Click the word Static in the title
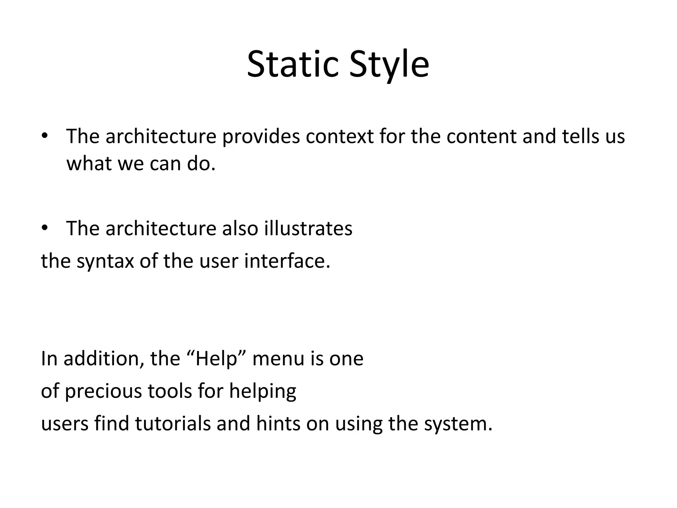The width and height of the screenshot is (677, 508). (x=293, y=64)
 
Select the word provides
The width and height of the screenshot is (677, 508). (x=261, y=136)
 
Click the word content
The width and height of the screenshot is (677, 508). (x=481, y=136)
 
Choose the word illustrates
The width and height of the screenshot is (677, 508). (x=308, y=229)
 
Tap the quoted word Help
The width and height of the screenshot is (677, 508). (x=217, y=359)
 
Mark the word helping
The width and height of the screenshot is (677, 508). (x=262, y=391)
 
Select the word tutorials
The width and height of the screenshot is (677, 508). (x=173, y=424)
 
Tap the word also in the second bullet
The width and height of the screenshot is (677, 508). (x=240, y=229)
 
